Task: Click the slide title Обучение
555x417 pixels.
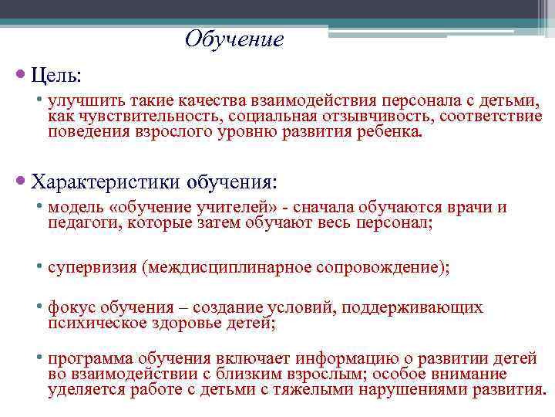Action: (234, 39)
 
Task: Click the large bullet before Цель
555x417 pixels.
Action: (21, 76)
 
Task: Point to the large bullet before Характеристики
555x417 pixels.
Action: (21, 182)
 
